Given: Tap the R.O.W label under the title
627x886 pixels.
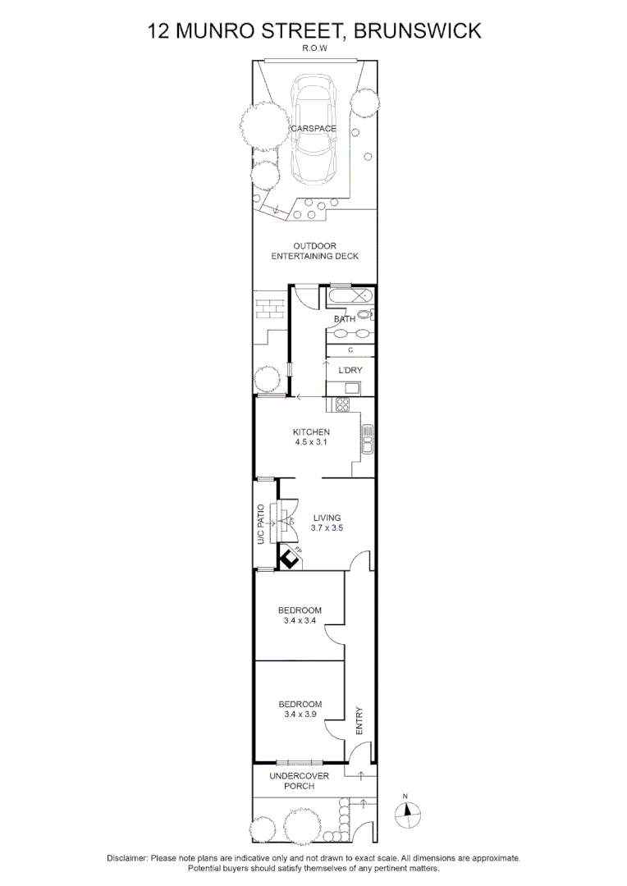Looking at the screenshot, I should (313, 48).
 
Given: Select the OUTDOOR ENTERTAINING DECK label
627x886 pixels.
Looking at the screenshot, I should (314, 251).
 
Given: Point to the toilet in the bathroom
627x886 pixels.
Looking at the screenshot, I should (366, 314).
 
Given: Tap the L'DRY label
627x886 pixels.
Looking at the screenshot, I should (350, 370).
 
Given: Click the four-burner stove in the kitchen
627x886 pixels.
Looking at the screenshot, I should (341, 404).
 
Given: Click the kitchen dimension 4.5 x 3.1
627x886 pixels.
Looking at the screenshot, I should (312, 442).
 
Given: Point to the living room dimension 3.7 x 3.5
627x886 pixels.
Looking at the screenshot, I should (327, 528).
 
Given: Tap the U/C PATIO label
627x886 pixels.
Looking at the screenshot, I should (261, 525).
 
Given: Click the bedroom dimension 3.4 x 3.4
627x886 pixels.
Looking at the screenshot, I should (300, 620).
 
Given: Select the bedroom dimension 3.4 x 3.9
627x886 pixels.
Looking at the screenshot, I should (300, 715).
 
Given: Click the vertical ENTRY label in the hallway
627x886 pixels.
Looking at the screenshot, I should (359, 721).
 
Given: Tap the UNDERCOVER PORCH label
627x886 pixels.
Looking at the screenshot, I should (300, 781).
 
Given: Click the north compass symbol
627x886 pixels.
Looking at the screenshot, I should (408, 813).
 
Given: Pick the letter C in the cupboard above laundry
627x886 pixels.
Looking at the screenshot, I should (350, 350).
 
